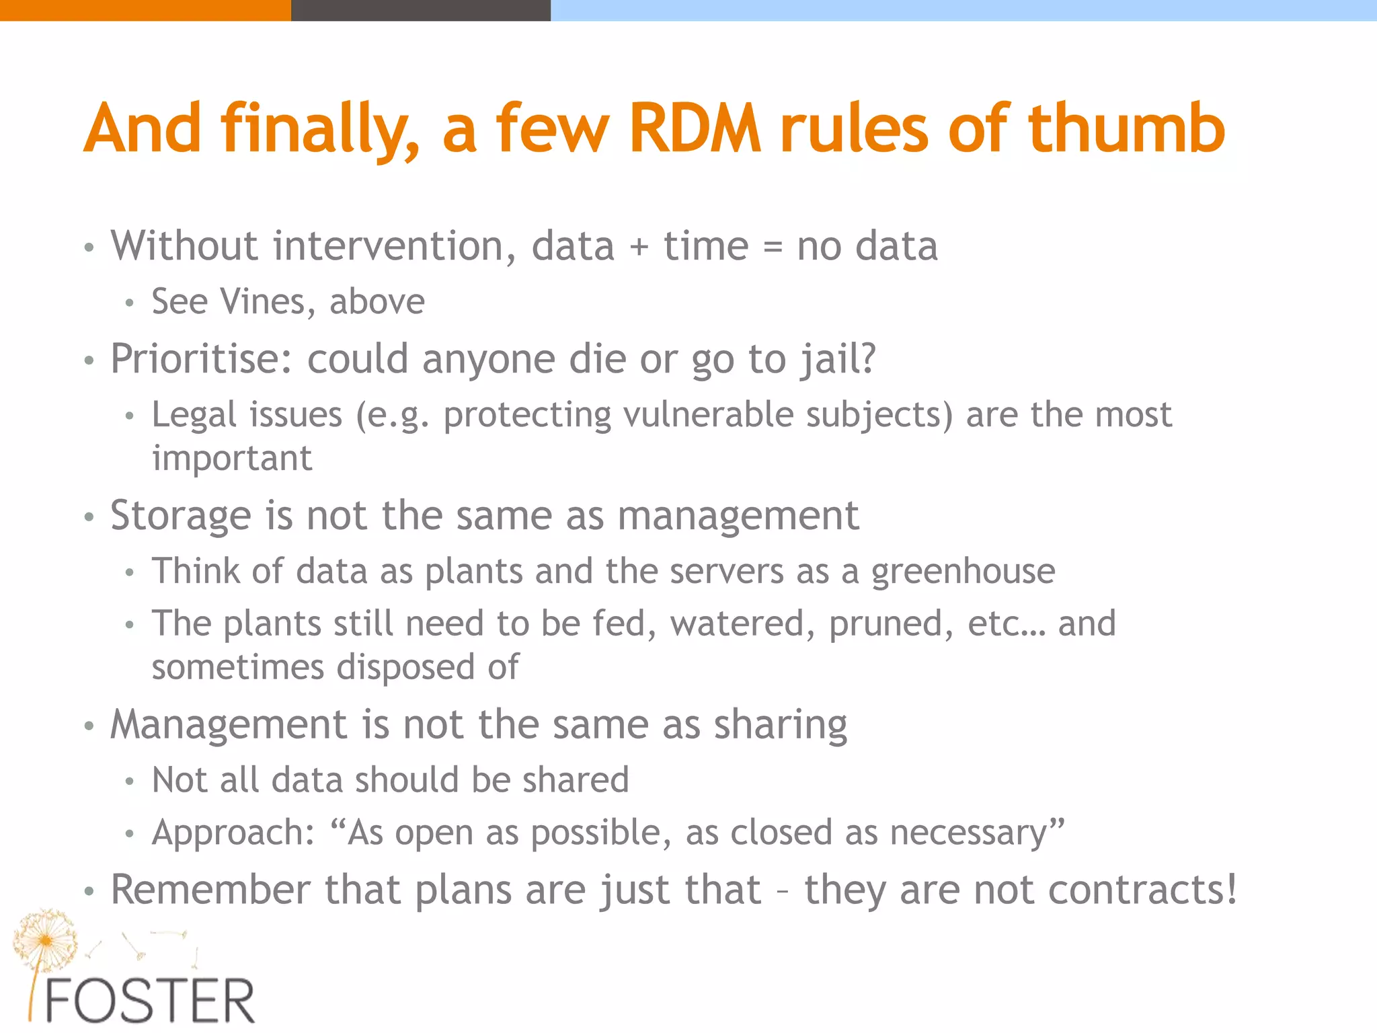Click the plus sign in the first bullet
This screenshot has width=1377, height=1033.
(639, 247)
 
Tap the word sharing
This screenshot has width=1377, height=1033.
(780, 726)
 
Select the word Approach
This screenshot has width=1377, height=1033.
(233, 833)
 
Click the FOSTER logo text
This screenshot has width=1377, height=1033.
(149, 1001)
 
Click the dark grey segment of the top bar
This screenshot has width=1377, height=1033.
(420, 10)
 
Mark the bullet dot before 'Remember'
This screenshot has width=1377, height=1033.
(89, 892)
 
